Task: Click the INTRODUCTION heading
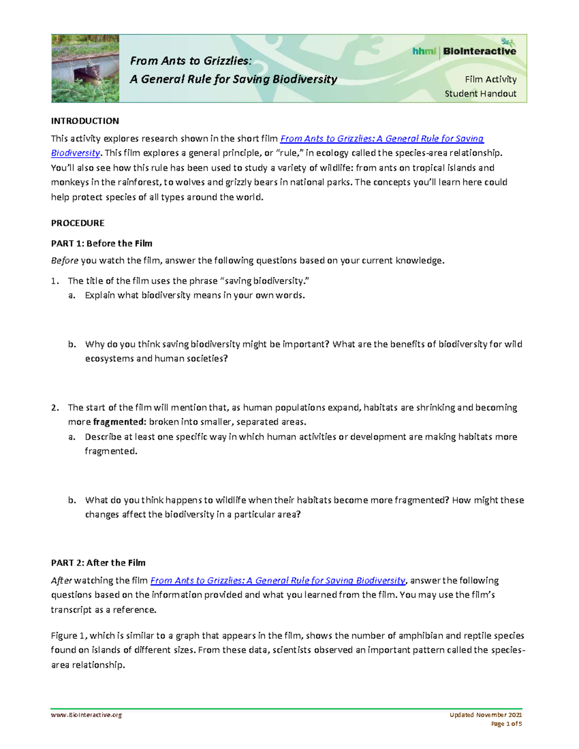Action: click(85, 121)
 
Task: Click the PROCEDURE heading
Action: click(78, 223)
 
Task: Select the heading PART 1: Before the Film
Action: click(102, 244)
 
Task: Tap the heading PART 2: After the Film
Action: click(98, 563)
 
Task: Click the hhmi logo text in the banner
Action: click(424, 51)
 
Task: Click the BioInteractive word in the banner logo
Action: click(479, 51)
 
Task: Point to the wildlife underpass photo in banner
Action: click(85, 68)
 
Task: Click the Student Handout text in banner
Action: click(480, 94)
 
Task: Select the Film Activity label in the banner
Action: click(490, 79)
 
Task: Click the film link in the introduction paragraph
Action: click(382, 139)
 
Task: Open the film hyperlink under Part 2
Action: click(278, 581)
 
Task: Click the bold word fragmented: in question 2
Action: click(119, 422)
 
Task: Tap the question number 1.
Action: click(55, 281)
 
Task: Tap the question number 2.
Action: click(55, 408)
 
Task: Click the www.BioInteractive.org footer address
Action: click(86, 715)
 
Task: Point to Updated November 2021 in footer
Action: click(485, 715)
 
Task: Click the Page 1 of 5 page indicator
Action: click(506, 724)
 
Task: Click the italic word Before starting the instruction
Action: click(65, 261)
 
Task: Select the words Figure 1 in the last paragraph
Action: click(68, 636)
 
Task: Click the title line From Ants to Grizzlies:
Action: click(191, 61)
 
